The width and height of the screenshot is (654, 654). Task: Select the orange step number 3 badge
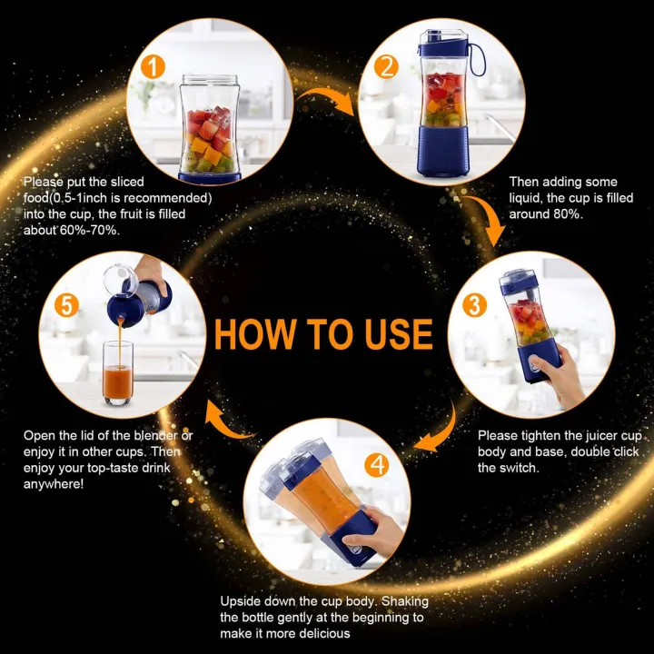coord(473,305)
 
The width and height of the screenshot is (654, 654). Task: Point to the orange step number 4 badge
coord(379,465)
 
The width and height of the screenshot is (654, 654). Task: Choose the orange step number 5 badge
coord(66,304)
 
